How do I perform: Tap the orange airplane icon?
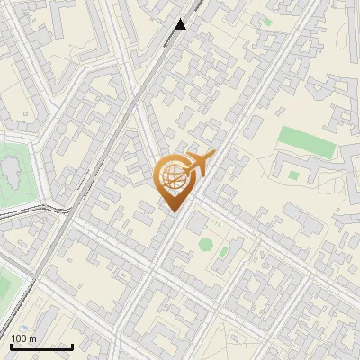pos(196,164)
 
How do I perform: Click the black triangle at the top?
pos(181,24)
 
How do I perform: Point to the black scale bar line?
pos(41,346)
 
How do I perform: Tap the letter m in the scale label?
pos(32,338)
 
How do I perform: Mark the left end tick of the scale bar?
pos(11,345)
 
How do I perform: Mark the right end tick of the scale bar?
pos(72,345)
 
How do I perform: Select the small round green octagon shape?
pos(206,244)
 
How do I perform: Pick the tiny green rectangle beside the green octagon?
pos(222,252)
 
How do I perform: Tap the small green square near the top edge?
pos(266,21)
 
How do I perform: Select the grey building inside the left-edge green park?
pos(11,168)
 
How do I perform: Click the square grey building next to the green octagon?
pos(197,223)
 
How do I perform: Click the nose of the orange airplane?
pos(213,154)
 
